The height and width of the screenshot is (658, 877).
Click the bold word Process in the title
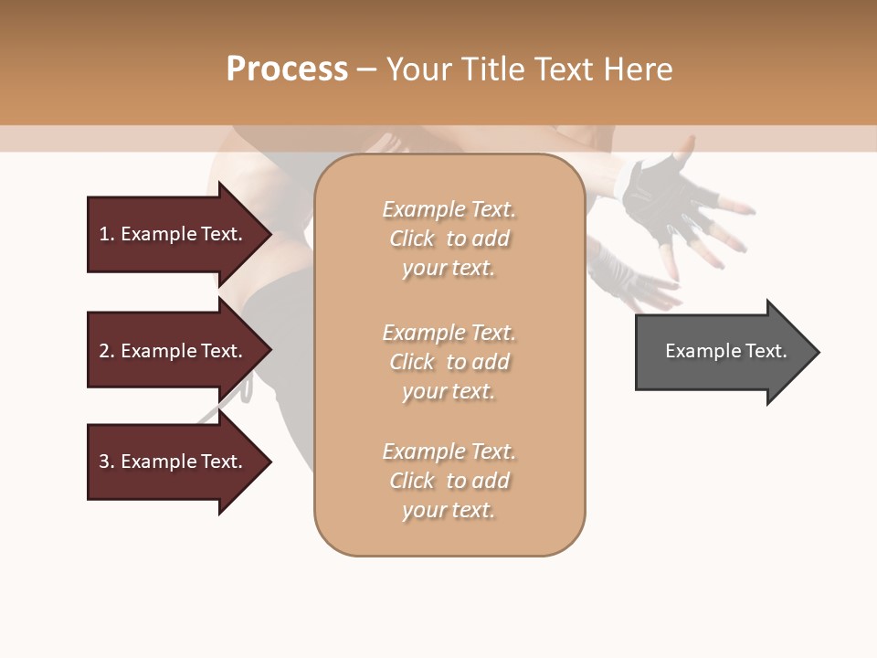pos(287,69)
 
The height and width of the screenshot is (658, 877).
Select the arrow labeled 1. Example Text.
pos(174,234)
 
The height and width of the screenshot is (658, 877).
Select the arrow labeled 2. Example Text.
pos(174,351)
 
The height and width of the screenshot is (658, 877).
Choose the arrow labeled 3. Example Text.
pos(174,462)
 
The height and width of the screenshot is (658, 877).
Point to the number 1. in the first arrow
pos(107,234)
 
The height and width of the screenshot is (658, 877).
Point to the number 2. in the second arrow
pos(107,351)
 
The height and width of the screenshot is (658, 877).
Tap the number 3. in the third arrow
pos(107,462)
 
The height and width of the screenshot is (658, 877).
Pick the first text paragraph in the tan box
pos(449,239)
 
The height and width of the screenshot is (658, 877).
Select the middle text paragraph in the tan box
pos(449,362)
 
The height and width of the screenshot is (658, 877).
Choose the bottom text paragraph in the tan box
pos(449,481)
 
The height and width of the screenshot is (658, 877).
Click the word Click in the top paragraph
pos(412,239)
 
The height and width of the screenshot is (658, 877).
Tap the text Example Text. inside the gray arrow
pos(725,351)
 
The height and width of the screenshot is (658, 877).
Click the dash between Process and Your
pos(367,69)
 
